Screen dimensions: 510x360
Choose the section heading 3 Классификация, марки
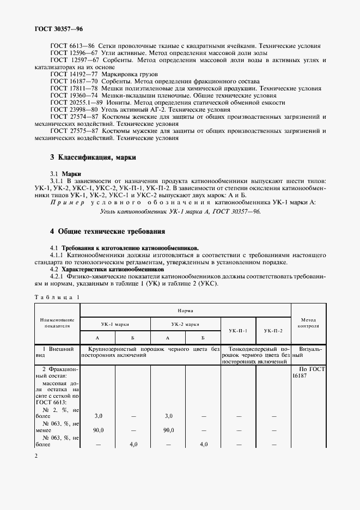pyautogui.click(x=93, y=157)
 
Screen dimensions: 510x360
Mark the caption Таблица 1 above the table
pyautogui.click(x=57, y=296)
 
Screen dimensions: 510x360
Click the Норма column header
pyautogui.click(x=186, y=310)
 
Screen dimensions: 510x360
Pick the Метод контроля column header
pyautogui.click(x=308, y=323)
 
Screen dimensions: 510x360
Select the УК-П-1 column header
pyautogui.click(x=238, y=331)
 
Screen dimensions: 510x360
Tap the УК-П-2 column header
pyautogui.click(x=273, y=331)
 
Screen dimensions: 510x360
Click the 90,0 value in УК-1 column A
pyautogui.click(x=98, y=430)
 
